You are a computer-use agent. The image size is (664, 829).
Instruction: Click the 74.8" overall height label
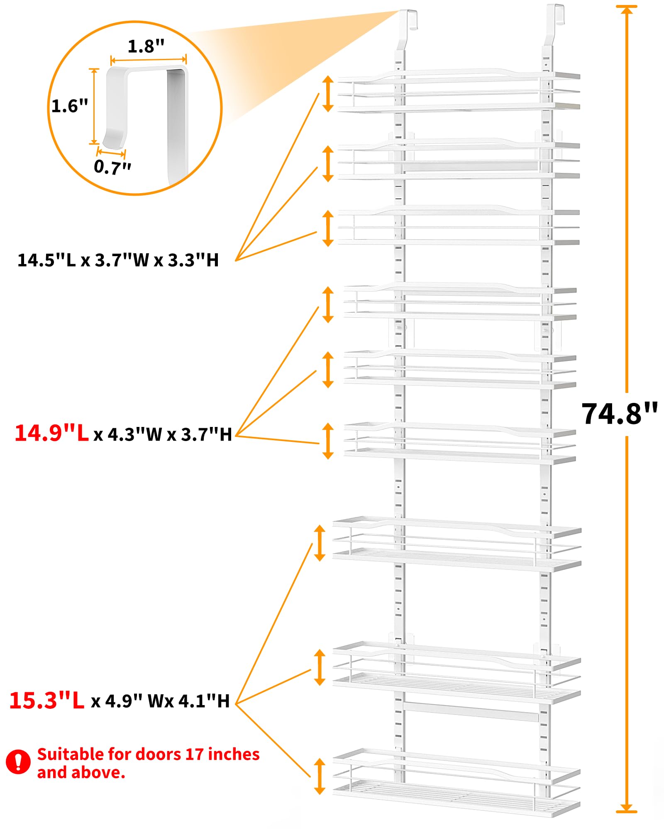[x=619, y=414]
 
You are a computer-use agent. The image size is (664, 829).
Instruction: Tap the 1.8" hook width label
[x=146, y=46]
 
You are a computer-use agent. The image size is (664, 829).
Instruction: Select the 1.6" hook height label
[x=70, y=106]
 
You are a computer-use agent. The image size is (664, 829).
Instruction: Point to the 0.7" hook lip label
[x=112, y=167]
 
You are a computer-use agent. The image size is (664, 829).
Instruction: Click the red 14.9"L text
[x=52, y=433]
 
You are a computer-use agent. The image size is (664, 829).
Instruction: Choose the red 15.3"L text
[x=47, y=701]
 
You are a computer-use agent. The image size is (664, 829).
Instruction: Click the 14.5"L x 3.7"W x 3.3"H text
[x=118, y=260]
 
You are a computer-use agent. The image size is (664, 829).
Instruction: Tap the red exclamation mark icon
[x=18, y=761]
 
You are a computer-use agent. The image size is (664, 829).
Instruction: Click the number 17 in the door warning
[x=194, y=754]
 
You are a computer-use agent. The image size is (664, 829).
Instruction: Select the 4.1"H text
[x=204, y=701]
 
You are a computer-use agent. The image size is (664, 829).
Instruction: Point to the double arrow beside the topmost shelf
[x=328, y=94]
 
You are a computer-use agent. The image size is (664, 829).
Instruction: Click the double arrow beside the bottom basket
[x=319, y=776]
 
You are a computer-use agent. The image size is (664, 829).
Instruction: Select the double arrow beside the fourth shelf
[x=328, y=305]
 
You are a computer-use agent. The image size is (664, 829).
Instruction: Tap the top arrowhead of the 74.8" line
[x=627, y=9]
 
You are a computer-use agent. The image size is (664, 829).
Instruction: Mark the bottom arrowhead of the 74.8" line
[x=627, y=808]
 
